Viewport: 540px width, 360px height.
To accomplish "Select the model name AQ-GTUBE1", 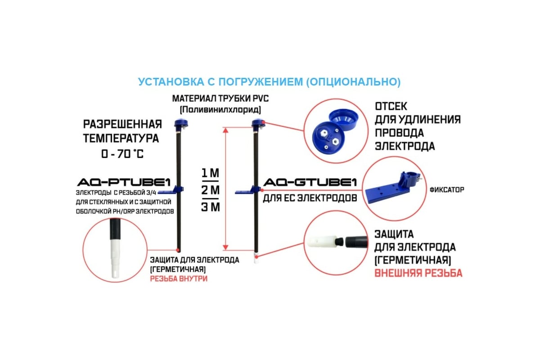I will pyautogui.click(x=310, y=183).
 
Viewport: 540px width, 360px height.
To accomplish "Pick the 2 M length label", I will pyautogui.click(x=210, y=190).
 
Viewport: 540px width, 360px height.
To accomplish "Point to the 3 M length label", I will pyautogui.click(x=210, y=207).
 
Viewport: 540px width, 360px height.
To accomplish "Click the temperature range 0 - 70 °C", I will pyautogui.click(x=122, y=154).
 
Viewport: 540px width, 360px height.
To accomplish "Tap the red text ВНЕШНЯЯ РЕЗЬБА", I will pyautogui.click(x=418, y=273).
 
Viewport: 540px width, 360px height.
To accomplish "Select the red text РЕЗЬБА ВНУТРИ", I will pyautogui.click(x=179, y=279).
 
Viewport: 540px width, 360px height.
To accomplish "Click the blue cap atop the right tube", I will pyautogui.click(x=257, y=123).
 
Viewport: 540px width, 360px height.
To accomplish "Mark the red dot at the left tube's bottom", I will pyautogui.click(x=179, y=250).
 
